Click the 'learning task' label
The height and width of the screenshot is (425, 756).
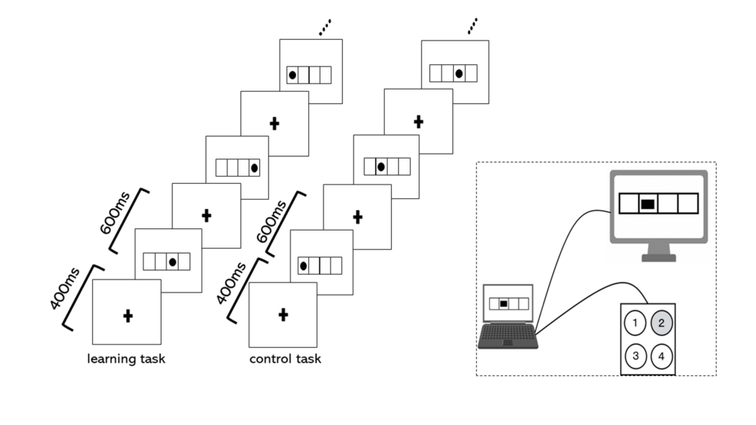tap(127, 359)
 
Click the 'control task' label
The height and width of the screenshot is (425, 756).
tap(285, 359)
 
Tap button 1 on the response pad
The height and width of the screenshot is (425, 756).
tap(635, 323)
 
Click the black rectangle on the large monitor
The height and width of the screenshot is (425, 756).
tap(648, 204)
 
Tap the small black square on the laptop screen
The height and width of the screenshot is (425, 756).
tap(503, 304)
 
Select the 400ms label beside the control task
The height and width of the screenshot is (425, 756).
tap(229, 282)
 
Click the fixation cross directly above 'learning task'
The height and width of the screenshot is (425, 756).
tap(127, 314)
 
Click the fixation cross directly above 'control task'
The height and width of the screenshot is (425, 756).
tap(283, 314)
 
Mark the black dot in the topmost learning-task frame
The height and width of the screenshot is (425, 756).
tap(292, 75)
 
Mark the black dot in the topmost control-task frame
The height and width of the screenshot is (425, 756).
tap(459, 74)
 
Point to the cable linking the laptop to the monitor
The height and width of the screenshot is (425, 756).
tap(567, 245)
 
